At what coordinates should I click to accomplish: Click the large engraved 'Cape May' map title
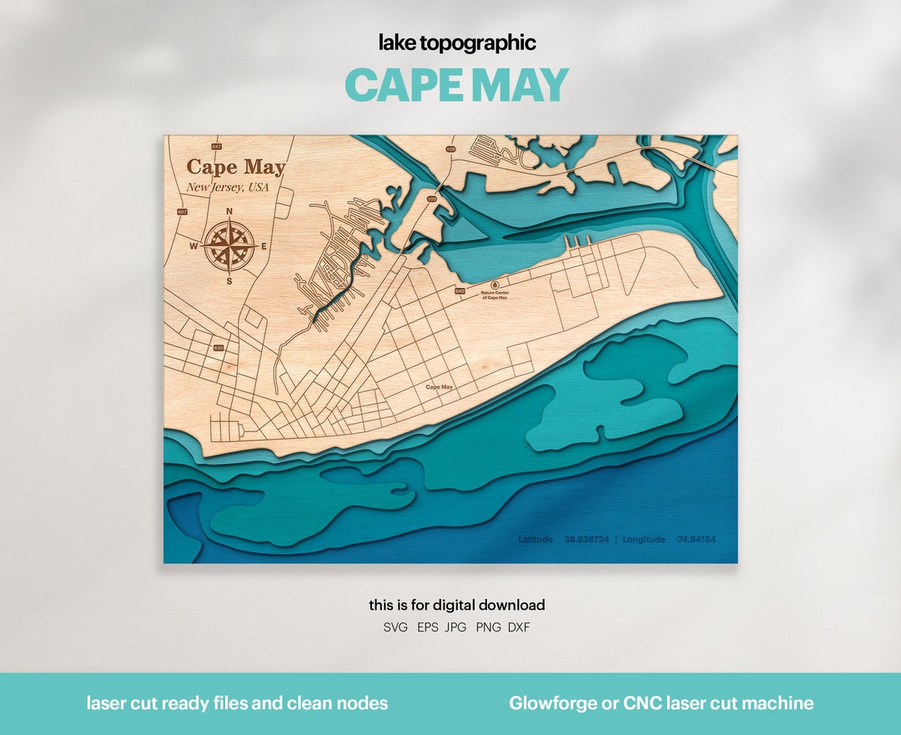(x=235, y=167)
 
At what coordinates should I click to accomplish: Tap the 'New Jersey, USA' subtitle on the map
(x=228, y=188)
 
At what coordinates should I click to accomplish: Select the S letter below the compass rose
(x=229, y=281)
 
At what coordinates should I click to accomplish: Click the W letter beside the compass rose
(x=193, y=246)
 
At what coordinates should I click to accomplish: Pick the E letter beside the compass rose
(x=264, y=246)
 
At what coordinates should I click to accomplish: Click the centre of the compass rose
(x=229, y=246)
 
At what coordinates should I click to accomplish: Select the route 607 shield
(x=182, y=212)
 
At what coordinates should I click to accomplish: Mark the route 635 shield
(x=219, y=347)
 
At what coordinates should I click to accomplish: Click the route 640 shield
(x=460, y=291)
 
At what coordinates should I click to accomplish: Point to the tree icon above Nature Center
(x=494, y=284)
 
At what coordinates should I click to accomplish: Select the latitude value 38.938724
(x=586, y=540)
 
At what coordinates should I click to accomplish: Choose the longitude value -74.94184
(x=695, y=540)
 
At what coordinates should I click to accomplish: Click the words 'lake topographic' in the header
(x=457, y=43)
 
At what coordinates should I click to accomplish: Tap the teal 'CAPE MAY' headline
(x=456, y=85)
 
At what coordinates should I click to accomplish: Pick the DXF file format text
(x=517, y=627)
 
